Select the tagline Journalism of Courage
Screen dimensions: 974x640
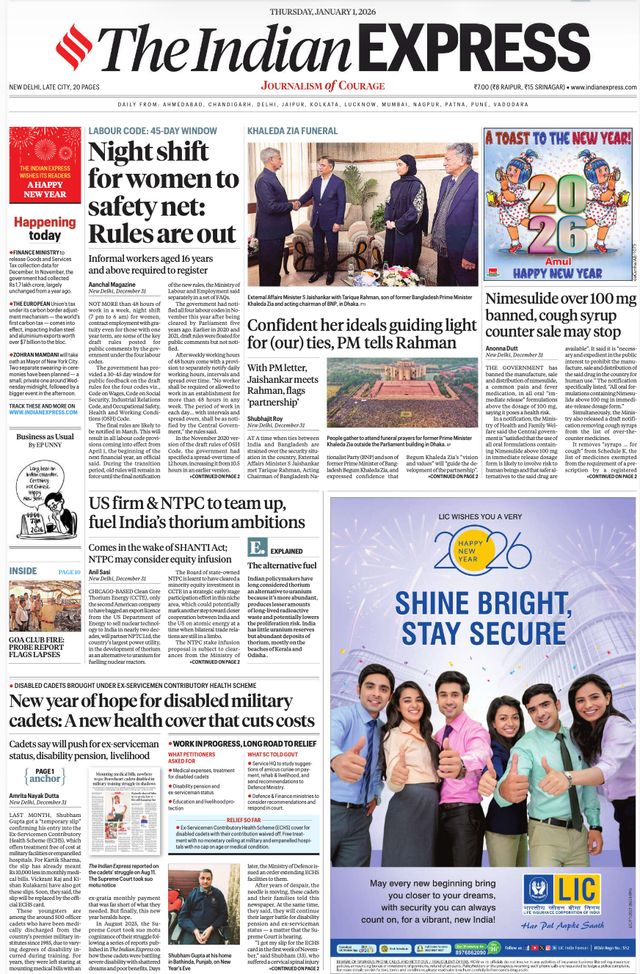(x=322, y=86)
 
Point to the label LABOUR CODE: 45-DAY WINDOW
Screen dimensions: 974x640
(x=153, y=131)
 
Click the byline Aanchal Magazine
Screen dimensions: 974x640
(x=112, y=284)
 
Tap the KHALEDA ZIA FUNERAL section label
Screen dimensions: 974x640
(x=292, y=131)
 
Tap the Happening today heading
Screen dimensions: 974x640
(x=45, y=228)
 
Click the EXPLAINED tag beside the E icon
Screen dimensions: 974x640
(x=286, y=551)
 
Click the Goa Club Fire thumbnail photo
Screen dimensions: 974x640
(x=45, y=606)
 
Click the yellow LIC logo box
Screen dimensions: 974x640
(x=561, y=893)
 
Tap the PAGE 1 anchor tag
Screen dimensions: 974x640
(x=45, y=775)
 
